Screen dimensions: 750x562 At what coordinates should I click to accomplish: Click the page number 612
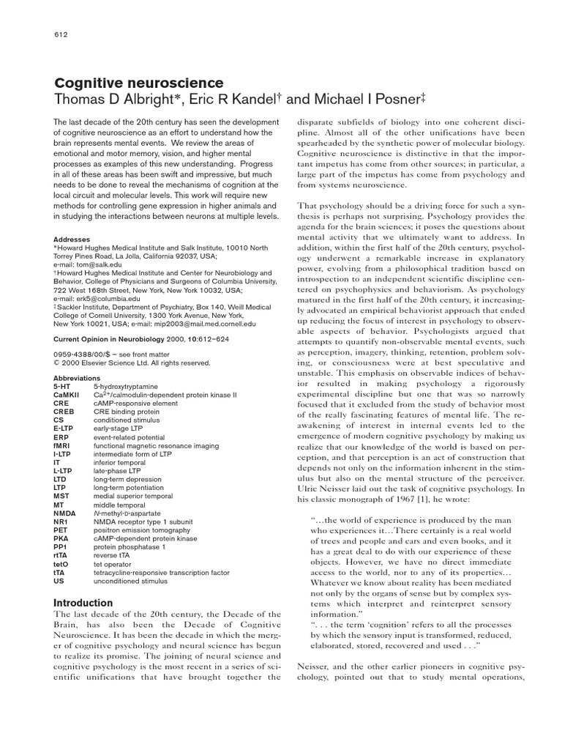click(x=61, y=35)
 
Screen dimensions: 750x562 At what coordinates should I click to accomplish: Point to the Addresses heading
click(x=72, y=240)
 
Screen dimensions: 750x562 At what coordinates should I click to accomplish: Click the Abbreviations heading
click(x=78, y=378)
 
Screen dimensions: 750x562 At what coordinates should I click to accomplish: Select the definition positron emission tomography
click(x=142, y=530)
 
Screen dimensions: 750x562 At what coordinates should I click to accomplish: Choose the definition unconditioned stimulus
click(x=130, y=581)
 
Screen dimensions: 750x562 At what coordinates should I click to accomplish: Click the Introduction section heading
click(x=83, y=603)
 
